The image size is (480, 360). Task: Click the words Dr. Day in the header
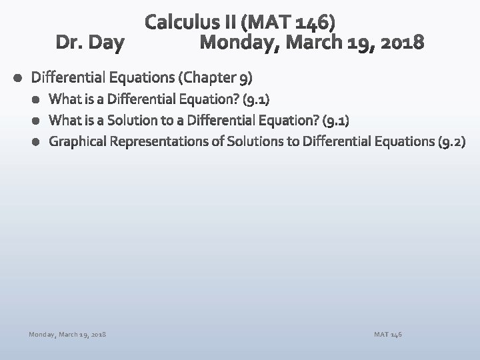point(89,43)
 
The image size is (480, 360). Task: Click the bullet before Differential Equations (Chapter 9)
point(16,77)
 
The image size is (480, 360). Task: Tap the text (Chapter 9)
point(215,77)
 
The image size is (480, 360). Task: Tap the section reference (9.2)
point(453,141)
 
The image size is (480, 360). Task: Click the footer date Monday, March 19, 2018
point(67,333)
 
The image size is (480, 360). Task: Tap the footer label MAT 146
point(389,333)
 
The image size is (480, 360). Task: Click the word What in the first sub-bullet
point(64,100)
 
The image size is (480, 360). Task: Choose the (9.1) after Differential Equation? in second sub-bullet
point(335,121)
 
